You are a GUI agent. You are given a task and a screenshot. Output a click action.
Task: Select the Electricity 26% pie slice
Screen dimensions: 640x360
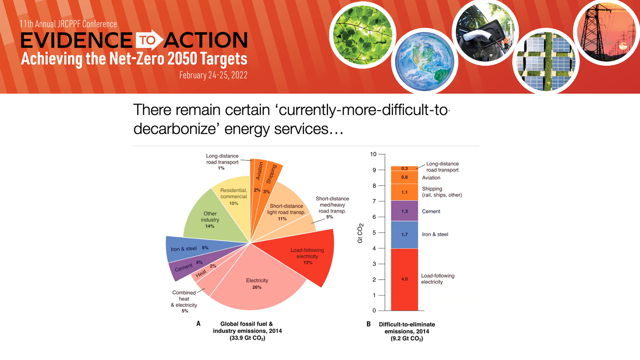point(257,283)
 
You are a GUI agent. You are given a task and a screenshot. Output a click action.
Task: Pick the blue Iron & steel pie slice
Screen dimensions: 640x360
point(190,249)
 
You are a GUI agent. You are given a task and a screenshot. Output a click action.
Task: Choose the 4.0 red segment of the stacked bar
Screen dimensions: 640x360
point(404,279)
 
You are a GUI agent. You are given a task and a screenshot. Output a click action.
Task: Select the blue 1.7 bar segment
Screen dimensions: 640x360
point(404,235)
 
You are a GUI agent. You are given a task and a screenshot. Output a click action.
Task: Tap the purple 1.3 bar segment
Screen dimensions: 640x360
point(404,211)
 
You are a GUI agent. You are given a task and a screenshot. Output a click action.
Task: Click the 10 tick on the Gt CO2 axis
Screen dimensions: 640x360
point(373,154)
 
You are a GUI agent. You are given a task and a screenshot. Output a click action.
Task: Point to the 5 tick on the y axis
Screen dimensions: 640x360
point(374,232)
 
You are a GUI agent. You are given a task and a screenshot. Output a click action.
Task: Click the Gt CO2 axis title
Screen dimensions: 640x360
point(360,233)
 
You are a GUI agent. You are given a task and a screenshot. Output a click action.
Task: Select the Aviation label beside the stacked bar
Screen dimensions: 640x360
point(431,178)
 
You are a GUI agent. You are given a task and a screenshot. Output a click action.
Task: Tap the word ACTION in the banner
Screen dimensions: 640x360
point(206,40)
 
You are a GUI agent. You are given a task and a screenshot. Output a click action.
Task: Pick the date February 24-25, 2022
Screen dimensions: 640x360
point(213,75)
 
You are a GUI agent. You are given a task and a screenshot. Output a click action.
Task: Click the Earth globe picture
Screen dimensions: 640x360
point(424,61)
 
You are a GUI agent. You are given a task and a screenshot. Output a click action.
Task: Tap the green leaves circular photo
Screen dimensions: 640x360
point(363,35)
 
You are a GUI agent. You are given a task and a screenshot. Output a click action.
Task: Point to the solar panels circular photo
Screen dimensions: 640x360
point(546,61)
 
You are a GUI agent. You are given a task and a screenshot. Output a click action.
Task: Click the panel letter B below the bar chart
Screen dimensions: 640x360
point(369,324)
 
